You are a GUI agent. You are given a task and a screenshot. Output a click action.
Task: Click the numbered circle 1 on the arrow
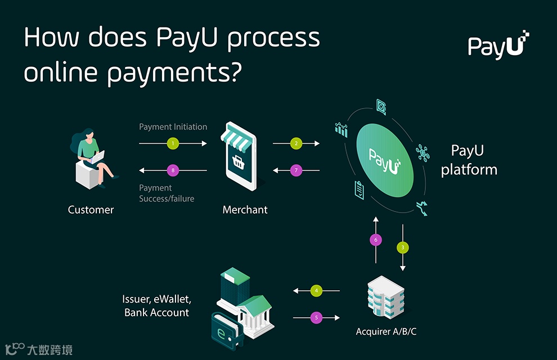(173, 144)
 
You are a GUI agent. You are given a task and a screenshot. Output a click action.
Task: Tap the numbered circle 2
(297, 144)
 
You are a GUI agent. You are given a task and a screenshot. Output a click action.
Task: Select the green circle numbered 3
(403, 247)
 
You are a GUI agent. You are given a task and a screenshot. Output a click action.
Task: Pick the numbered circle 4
(317, 291)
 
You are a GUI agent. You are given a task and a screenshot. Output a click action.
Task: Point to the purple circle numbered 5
(317, 318)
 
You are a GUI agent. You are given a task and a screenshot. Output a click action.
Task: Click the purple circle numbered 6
(376, 240)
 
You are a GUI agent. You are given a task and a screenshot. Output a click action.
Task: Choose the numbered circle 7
(297, 170)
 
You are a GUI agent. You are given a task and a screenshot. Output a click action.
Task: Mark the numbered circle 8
(173, 170)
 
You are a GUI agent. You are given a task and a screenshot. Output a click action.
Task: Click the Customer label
(91, 210)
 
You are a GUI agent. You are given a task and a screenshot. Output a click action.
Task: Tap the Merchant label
(245, 210)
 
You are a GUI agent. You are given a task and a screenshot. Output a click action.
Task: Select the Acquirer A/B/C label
(386, 331)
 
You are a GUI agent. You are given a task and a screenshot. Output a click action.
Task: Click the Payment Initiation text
(173, 127)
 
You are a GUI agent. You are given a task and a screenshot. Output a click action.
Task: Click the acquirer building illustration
(385, 298)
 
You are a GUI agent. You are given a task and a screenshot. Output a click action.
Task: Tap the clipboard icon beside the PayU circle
(359, 190)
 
